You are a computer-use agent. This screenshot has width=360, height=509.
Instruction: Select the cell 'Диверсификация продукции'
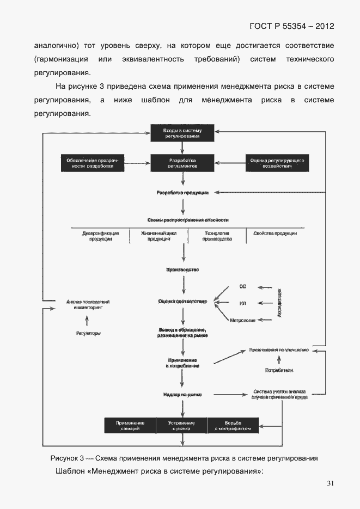(100, 236)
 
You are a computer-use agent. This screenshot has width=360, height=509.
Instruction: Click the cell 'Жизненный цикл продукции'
(158, 236)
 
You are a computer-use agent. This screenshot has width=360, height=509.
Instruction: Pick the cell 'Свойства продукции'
(275, 233)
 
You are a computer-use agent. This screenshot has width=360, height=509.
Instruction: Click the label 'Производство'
(182, 269)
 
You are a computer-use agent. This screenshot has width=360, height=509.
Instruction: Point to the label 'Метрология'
(243, 320)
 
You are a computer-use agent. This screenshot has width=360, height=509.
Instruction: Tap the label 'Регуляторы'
(88, 333)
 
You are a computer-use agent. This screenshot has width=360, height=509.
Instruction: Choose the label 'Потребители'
(279, 370)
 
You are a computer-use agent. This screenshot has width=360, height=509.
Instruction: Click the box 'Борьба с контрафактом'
(233, 426)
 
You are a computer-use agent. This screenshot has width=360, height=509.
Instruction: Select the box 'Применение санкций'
(130, 426)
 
